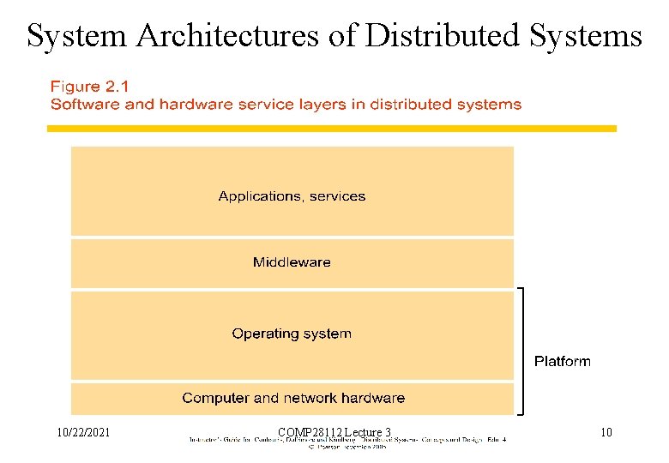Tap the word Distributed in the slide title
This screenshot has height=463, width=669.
[x=438, y=36]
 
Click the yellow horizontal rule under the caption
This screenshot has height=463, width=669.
[x=331, y=129]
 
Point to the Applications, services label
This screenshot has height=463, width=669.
[x=292, y=196]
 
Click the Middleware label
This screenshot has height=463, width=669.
[x=292, y=262]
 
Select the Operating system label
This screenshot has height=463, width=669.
[x=292, y=334]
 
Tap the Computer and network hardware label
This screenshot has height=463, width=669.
[x=293, y=398]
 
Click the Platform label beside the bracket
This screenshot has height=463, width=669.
[x=563, y=361]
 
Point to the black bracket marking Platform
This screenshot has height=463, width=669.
[x=521, y=352]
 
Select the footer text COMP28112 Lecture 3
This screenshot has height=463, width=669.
[x=334, y=432]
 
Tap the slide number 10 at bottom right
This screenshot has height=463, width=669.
[x=606, y=432]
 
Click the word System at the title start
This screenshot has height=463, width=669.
[x=75, y=36]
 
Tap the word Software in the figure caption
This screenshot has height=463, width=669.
[x=80, y=105]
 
